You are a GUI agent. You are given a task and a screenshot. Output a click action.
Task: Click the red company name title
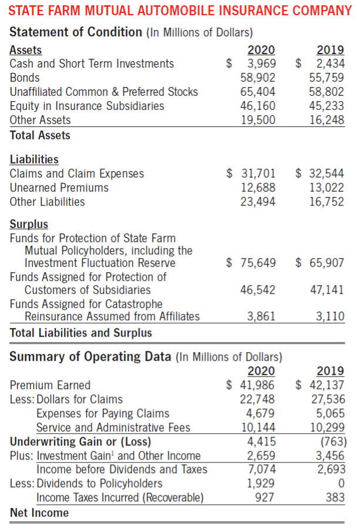point(180,11)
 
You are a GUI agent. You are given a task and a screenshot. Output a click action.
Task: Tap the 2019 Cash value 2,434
point(330,63)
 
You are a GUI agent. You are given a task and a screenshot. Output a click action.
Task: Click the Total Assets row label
point(40,135)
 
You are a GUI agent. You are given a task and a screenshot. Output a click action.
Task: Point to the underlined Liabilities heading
point(34,159)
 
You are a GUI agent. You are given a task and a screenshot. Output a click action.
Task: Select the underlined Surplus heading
point(29,224)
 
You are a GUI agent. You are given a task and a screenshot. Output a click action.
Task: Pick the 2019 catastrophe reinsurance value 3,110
point(330,316)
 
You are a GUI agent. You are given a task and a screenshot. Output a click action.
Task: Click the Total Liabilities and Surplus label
point(81,333)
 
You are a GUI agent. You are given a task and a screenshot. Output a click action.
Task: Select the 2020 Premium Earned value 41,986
point(258,385)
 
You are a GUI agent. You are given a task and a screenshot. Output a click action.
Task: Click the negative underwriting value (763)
point(332,441)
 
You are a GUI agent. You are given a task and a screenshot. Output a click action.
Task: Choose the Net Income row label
point(39,513)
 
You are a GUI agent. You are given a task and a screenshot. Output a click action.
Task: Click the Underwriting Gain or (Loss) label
point(80,441)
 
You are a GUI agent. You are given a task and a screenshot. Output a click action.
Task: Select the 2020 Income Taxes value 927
point(264,497)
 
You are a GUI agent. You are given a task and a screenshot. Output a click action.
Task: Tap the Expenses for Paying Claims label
point(103,413)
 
